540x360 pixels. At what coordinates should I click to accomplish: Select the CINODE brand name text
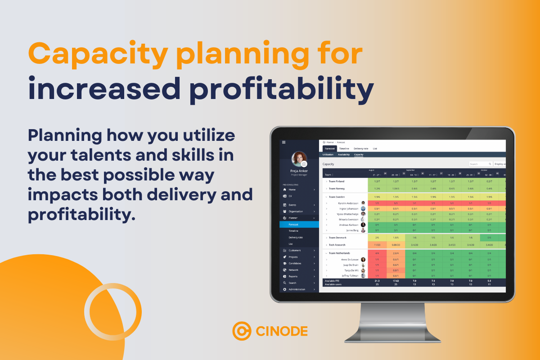[282, 332]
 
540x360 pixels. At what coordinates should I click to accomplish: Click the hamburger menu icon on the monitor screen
[283, 142]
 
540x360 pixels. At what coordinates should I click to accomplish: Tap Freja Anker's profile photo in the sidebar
[299, 159]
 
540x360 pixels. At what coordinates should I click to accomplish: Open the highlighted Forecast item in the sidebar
[293, 224]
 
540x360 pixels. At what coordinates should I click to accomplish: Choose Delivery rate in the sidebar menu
[296, 237]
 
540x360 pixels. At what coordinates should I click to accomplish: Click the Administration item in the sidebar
[297, 289]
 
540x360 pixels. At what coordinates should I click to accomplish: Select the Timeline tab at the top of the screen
[344, 148]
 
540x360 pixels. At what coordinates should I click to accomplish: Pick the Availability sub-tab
[344, 154]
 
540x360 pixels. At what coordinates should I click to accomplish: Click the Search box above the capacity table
[480, 164]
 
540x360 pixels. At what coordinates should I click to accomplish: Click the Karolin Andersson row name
[348, 203]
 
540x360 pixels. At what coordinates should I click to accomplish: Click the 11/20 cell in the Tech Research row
[377, 245]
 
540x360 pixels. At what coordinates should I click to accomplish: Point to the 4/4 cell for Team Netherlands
[377, 253]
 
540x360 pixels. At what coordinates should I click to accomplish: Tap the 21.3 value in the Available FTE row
[377, 280]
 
